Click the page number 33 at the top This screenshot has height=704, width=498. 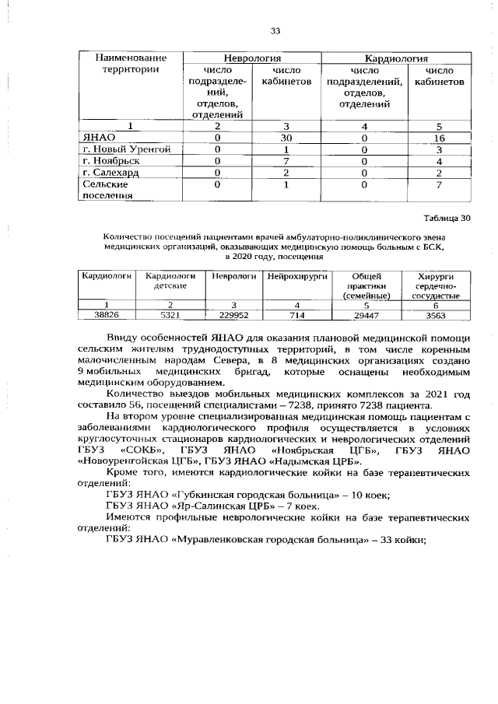pyautogui.click(x=274, y=31)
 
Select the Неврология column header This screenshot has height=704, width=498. pyautogui.click(x=253, y=58)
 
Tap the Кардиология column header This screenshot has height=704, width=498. pyautogui.click(x=397, y=58)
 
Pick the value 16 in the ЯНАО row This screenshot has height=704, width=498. pyautogui.click(x=439, y=138)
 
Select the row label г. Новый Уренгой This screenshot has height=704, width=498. pyautogui.click(x=132, y=149)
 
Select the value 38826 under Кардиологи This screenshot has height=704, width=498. pyautogui.click(x=106, y=314)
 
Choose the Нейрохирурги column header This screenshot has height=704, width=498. pyautogui.click(x=297, y=276)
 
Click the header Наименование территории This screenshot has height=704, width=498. pyautogui.click(x=131, y=64)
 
